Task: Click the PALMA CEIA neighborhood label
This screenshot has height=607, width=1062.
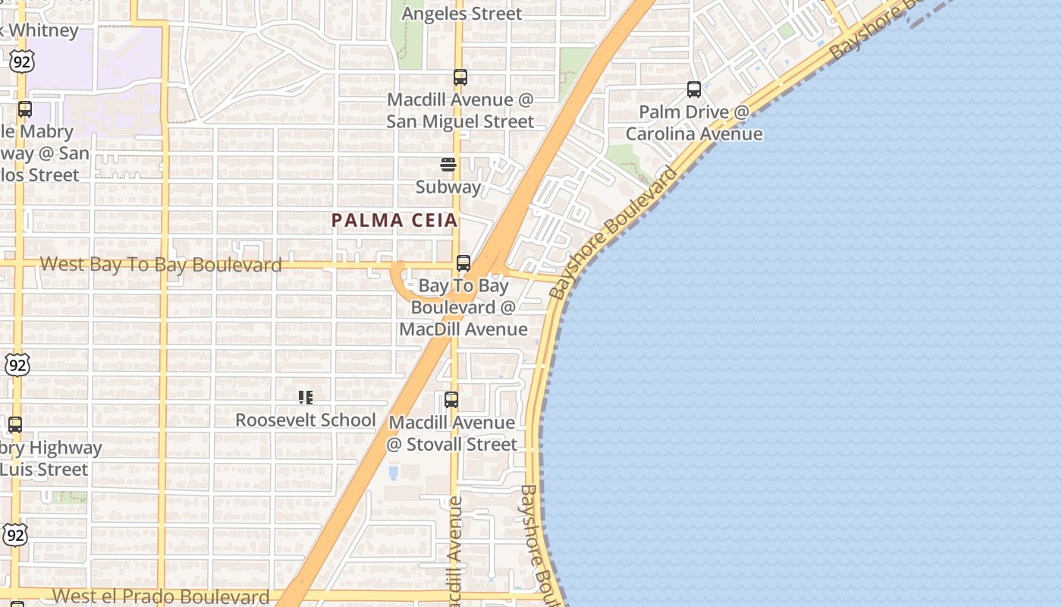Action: (394, 220)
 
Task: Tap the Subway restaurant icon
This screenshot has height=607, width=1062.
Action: (448, 165)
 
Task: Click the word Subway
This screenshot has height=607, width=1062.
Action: (448, 187)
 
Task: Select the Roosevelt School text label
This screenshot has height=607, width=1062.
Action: (306, 420)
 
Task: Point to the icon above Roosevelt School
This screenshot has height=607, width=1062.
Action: (306, 398)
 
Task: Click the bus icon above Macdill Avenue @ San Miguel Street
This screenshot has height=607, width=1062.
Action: (460, 77)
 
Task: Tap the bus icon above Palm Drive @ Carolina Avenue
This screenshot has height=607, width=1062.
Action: (694, 90)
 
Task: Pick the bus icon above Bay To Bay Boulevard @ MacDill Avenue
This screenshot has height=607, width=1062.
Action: (463, 263)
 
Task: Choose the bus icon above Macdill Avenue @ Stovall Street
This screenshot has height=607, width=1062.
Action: (451, 399)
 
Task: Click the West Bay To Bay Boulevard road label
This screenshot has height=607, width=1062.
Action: (161, 264)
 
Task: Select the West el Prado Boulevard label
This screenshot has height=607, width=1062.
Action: (162, 596)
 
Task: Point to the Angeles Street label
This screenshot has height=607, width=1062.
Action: (461, 14)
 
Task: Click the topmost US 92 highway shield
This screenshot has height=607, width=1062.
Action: (22, 61)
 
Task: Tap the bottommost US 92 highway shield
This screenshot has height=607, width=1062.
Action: (16, 535)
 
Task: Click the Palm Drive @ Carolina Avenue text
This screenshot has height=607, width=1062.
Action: (694, 123)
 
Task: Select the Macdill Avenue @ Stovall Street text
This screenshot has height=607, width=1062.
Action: (453, 433)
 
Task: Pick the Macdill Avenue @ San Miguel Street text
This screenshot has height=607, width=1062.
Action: (460, 111)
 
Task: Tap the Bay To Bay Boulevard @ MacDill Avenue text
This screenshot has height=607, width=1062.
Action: (463, 307)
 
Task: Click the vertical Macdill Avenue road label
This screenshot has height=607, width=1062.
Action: (454, 550)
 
